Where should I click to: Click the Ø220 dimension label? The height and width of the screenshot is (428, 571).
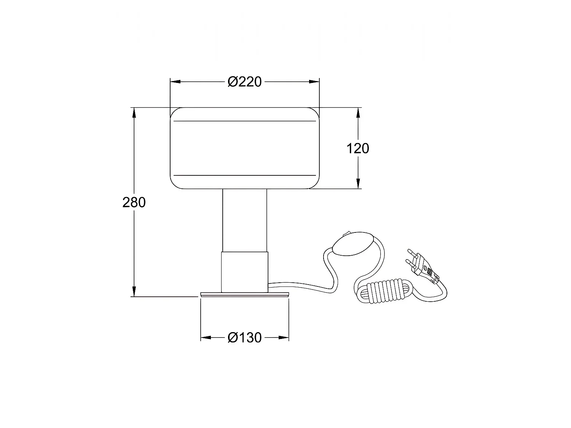[244, 82]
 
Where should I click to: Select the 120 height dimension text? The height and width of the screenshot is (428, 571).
[358, 149]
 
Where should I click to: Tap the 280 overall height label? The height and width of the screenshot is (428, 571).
[134, 202]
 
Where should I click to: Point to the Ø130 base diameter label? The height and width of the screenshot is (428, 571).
[244, 337]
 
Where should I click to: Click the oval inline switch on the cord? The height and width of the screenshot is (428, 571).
[353, 243]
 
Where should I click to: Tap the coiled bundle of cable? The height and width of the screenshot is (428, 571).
[384, 291]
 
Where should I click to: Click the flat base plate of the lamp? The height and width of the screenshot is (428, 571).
[244, 294]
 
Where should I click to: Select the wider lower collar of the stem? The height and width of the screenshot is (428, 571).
[244, 272]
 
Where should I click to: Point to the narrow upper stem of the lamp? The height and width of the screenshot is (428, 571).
[244, 220]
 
